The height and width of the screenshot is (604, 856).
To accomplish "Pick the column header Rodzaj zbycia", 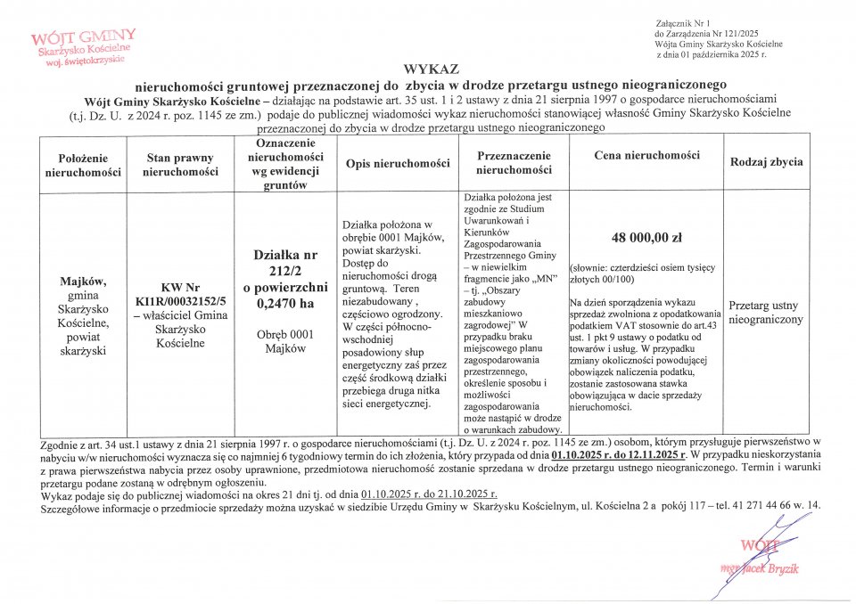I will pos(766,162).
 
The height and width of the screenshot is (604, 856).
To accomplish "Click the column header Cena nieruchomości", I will pos(646,156).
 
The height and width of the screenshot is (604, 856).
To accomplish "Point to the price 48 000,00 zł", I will pos(646,238).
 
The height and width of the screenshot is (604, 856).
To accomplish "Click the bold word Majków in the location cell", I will pos(85,282).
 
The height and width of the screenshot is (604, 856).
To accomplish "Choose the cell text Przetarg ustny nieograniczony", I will pos(766,312).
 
